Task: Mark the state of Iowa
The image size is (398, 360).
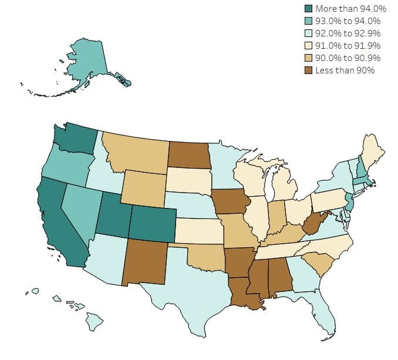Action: click(x=230, y=203)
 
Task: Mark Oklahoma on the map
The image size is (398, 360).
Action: click(x=205, y=257)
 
